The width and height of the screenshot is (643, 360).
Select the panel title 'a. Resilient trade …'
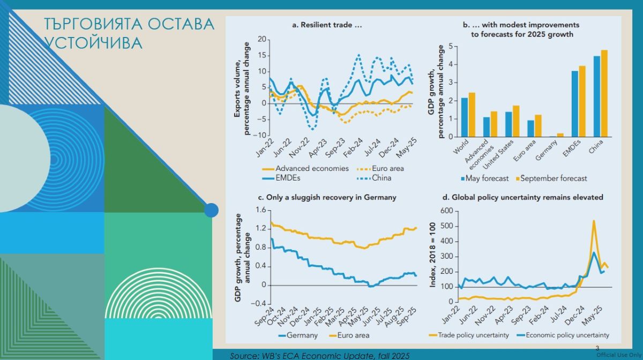point(326,25)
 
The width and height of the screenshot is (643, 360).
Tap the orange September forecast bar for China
point(604,93)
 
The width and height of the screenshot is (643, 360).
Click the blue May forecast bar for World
point(464,117)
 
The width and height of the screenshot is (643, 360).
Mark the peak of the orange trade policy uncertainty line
point(594,220)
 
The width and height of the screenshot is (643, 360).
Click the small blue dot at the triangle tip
point(211,210)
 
